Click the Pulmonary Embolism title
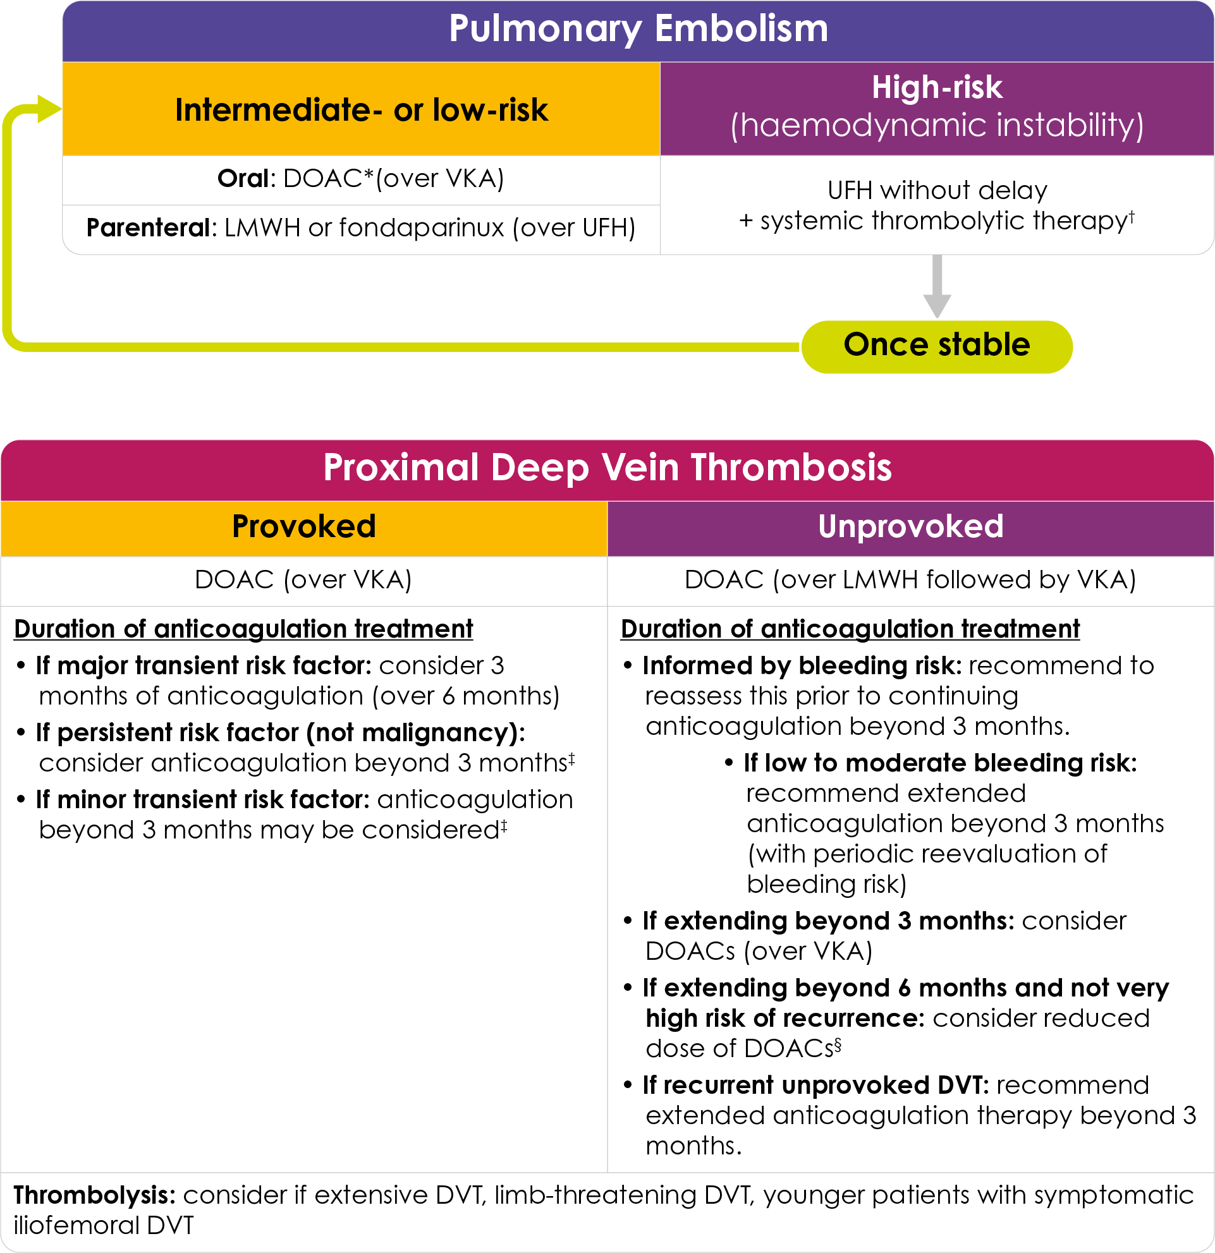click(638, 29)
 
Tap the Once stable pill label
click(936, 345)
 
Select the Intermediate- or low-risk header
click(362, 110)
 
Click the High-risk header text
click(937, 88)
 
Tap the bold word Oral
click(242, 178)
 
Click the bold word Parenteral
click(148, 228)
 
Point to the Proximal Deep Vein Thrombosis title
click(607, 468)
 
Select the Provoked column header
click(303, 527)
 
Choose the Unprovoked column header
click(910, 527)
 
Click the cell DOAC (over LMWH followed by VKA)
click(910, 580)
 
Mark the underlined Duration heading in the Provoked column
click(243, 629)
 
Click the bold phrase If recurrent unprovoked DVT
click(815, 1085)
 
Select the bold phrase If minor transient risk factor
click(202, 799)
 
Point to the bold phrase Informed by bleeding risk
click(802, 665)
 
